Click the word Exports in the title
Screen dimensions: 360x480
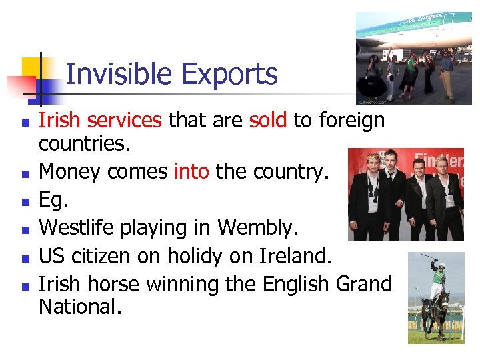coord(237,74)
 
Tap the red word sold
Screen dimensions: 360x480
coord(268,120)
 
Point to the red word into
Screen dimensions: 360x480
coord(192,172)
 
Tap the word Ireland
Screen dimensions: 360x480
coord(296,256)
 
